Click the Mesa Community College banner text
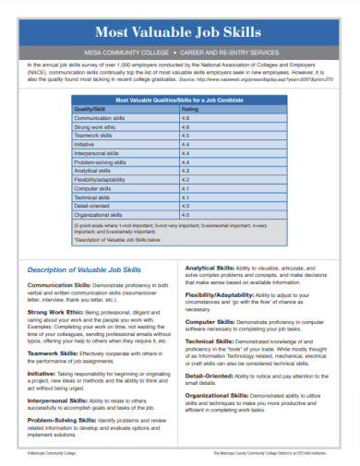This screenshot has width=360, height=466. click(x=180, y=52)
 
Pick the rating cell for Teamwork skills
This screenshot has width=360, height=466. click(x=186, y=135)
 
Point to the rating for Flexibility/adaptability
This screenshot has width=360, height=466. click(x=186, y=179)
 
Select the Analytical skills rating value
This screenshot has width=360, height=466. click(x=186, y=170)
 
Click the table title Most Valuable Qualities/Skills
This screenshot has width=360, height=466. click(x=179, y=98)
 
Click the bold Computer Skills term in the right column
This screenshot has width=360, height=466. click(x=214, y=321)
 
